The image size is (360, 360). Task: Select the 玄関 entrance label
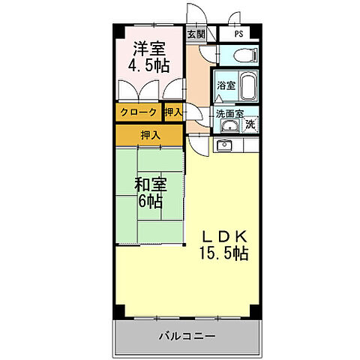[195, 34]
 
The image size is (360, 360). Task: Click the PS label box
[238, 34]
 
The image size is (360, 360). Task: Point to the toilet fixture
[241, 56]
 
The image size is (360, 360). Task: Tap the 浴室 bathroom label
[226, 85]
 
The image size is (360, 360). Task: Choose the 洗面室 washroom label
[229, 114]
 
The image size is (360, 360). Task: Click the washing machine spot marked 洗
[250, 124]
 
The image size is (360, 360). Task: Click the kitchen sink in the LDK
[223, 144]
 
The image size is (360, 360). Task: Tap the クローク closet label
[138, 112]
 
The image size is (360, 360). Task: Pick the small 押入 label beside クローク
[173, 112]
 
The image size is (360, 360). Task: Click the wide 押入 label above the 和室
[149, 135]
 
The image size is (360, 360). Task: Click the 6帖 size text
[149, 201]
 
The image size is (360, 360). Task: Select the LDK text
[223, 235]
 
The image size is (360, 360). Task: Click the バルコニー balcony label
[187, 336]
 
